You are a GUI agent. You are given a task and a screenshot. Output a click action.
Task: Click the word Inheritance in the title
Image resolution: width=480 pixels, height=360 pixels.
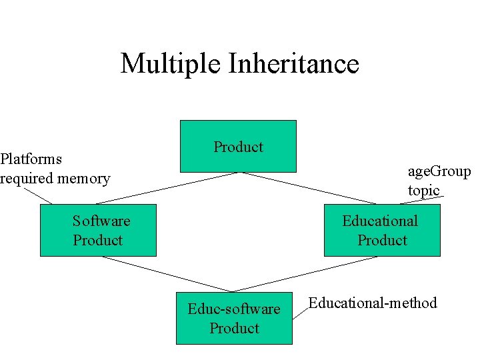(x=294, y=64)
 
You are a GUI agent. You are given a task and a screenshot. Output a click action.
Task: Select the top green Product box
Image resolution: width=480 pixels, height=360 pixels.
(x=238, y=146)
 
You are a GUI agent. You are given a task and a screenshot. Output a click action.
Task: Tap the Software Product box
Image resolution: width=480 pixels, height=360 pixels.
(x=98, y=230)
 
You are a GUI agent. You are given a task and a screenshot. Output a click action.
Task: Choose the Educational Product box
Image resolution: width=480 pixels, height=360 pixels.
(x=382, y=230)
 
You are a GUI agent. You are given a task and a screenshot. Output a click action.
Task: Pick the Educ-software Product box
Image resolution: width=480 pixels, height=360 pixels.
(x=234, y=318)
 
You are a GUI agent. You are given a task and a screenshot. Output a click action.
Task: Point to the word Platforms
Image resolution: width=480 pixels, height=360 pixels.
(x=31, y=159)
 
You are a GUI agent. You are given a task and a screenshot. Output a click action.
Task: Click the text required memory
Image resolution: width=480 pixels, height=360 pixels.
(x=55, y=178)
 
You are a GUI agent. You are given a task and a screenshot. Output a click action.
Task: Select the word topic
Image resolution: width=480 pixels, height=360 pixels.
(x=424, y=190)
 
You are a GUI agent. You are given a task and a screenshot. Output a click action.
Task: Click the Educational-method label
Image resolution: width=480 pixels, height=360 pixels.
(x=372, y=303)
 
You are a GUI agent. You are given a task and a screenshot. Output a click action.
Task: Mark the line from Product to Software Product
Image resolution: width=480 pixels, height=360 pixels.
(x=167, y=187)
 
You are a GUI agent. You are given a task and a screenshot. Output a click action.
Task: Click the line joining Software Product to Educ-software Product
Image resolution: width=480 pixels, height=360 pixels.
(x=167, y=274)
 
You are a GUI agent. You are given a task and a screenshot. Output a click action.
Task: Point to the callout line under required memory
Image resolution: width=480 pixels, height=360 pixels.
(x=38, y=195)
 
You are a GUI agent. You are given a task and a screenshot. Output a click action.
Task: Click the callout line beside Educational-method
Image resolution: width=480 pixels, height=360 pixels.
(x=300, y=313)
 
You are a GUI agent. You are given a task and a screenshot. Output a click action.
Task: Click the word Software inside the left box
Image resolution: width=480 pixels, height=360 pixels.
(x=101, y=221)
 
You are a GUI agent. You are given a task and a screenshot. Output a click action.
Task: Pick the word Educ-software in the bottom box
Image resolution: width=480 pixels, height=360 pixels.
(x=234, y=309)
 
